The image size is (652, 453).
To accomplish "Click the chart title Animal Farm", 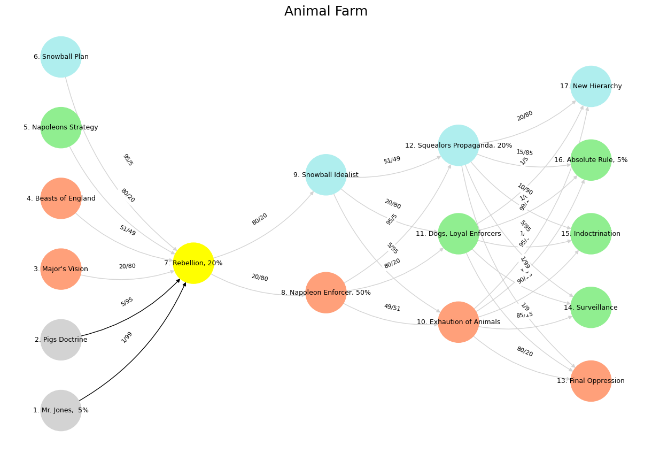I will (325, 12).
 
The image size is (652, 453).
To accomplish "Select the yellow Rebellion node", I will (193, 263).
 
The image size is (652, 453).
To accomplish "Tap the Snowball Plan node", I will (61, 57).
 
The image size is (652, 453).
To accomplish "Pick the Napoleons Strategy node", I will (61, 127).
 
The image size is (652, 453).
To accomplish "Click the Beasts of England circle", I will (61, 198).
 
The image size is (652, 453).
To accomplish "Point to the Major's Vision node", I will (61, 269).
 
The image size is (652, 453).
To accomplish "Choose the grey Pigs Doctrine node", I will (61, 340).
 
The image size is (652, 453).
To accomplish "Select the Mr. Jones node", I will (61, 410).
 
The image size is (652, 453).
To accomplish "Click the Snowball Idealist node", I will (326, 175).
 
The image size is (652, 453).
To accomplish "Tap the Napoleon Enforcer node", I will (326, 293).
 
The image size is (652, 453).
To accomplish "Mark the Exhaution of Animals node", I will (459, 322).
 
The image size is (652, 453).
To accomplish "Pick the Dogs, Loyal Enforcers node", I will (459, 234).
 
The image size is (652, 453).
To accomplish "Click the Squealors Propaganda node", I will (459, 145).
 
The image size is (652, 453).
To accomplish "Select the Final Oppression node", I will (591, 381).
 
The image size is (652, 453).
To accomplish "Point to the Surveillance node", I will (591, 308).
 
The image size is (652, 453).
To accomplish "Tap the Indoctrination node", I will (591, 234).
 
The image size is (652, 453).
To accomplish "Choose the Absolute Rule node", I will (591, 160).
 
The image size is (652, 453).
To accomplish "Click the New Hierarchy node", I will (591, 86).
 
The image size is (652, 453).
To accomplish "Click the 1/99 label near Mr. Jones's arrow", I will (127, 337).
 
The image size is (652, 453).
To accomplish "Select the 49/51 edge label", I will (392, 308).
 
